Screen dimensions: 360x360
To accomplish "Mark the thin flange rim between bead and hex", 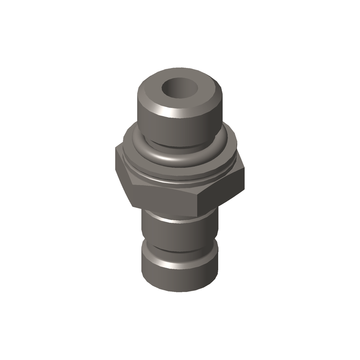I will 180,179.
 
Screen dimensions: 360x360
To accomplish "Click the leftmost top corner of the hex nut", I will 116,148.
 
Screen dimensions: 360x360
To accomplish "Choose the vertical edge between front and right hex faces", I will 198,202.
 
